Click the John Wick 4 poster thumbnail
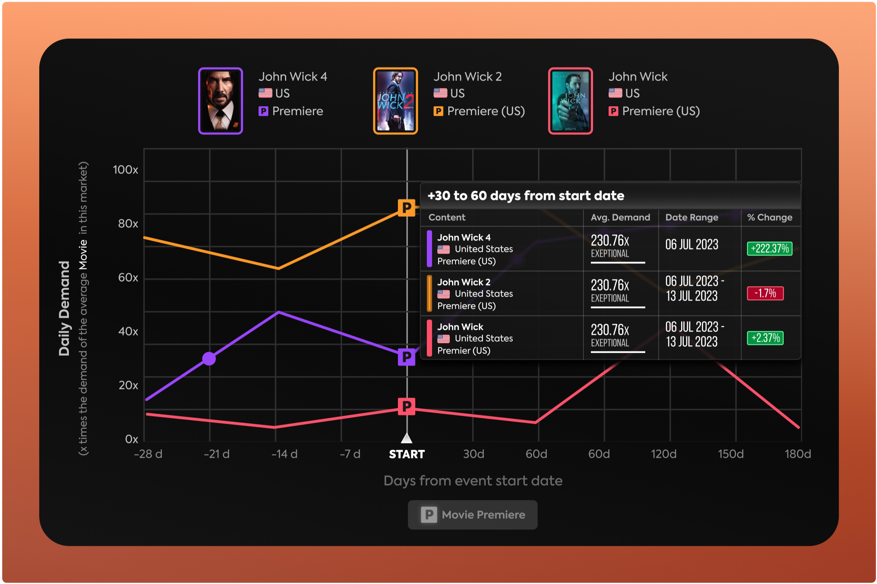tap(220, 101)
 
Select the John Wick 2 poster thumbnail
tap(395, 101)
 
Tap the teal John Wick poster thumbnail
tap(570, 101)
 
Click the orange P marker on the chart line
tap(406, 207)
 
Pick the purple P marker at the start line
tap(406, 357)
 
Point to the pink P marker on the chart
tap(406, 406)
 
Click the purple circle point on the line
tap(209, 359)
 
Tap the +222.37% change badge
tap(769, 249)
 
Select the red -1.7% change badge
tap(765, 293)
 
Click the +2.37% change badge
tap(765, 338)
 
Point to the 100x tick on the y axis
tap(125, 170)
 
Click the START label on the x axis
tap(406, 454)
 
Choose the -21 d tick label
tap(217, 454)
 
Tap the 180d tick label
tap(798, 454)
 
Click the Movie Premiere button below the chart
tap(472, 515)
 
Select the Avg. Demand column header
tap(620, 217)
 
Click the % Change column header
tap(770, 217)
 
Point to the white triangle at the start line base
tap(406, 438)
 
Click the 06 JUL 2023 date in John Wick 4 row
tap(692, 245)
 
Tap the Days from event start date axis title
tap(473, 481)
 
